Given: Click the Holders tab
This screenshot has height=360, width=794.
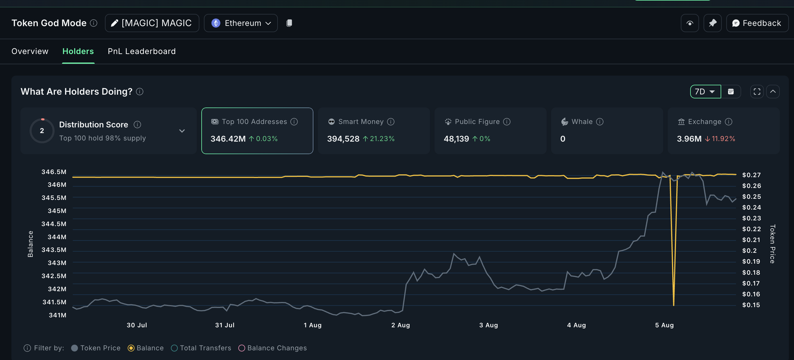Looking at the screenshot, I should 78,51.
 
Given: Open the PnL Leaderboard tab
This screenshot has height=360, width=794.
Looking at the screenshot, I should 141,51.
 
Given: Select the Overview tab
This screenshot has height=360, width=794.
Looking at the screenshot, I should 30,51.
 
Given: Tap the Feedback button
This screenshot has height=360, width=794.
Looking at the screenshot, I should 757,23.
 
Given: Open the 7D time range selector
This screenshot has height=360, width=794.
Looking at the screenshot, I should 705,92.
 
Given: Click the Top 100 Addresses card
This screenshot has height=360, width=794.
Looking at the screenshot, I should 257,131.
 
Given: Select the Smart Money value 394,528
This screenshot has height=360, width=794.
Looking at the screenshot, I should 343,139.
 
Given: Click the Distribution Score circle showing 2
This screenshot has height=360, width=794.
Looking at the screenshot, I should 42,131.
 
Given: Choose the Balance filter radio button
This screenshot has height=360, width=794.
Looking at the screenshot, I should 131,348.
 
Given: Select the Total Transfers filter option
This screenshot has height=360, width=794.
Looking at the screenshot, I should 174,348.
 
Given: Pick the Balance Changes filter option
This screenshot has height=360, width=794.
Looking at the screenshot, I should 242,348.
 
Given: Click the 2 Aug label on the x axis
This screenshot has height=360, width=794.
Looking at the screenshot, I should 400,325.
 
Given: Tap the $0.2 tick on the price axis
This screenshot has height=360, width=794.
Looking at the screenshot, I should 749,251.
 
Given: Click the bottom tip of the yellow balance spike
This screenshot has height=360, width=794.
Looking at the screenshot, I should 673,305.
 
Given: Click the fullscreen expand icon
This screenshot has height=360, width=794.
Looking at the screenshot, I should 757,92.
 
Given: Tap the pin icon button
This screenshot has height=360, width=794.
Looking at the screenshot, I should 712,23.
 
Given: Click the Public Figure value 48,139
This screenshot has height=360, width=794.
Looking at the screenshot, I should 456,139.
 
